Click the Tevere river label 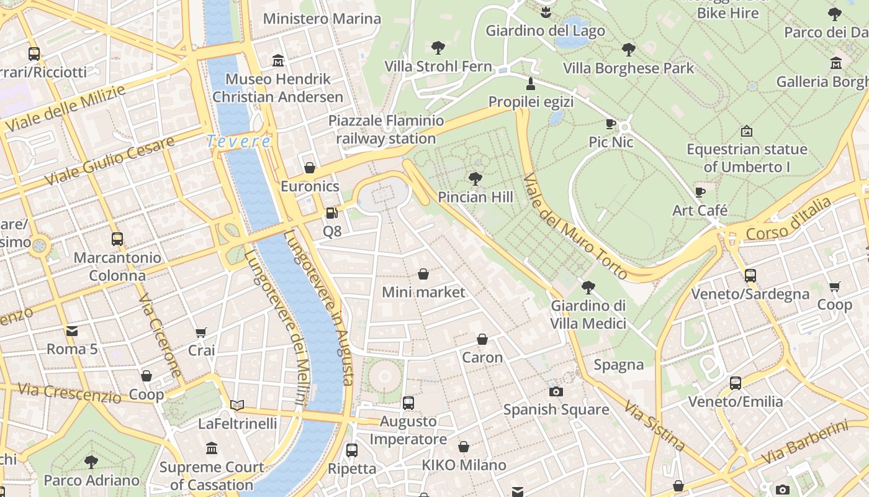239,142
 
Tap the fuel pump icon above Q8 332,213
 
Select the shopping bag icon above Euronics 309,168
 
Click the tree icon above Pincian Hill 475,179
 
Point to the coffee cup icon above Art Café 700,192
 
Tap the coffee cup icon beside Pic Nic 611,124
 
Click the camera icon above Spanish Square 556,391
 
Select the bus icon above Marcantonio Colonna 117,239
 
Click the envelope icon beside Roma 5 72,331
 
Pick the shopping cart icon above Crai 200,333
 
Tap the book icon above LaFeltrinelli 236,405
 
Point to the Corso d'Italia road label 788,220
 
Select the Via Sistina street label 655,426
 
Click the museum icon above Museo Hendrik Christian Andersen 278,61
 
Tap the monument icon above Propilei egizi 531,83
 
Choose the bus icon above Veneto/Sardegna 750,275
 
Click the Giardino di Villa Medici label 588,314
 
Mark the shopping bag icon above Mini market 423,274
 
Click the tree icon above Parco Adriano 91,462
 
